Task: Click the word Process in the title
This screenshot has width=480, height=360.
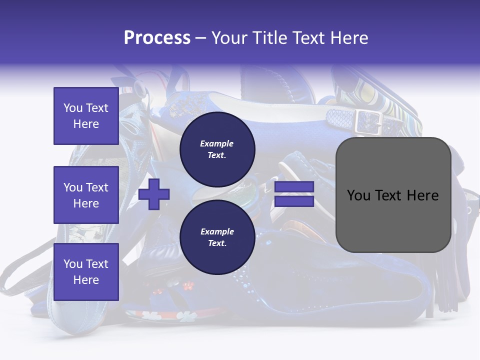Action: pyautogui.click(x=157, y=38)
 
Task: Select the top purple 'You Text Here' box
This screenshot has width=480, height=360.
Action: pyautogui.click(x=86, y=116)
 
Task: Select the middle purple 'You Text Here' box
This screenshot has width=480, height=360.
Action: pyautogui.click(x=86, y=195)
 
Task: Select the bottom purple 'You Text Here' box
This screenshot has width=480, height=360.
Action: pyautogui.click(x=86, y=271)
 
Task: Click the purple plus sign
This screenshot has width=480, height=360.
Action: pyautogui.click(x=154, y=194)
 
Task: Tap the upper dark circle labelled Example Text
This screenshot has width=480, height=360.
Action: pyautogui.click(x=217, y=149)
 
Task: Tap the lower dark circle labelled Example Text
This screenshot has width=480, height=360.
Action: pyautogui.click(x=217, y=237)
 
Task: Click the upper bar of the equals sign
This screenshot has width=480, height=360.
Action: pyautogui.click(x=294, y=187)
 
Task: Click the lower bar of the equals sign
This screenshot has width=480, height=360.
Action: pyautogui.click(x=294, y=201)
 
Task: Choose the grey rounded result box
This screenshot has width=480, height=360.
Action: pyautogui.click(x=393, y=195)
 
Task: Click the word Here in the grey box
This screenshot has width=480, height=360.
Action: pyautogui.click(x=422, y=195)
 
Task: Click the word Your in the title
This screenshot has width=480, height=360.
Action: pyautogui.click(x=228, y=38)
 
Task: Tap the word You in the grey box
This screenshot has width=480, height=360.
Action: pyautogui.click(x=359, y=195)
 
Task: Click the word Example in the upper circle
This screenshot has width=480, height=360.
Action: pyautogui.click(x=217, y=143)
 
